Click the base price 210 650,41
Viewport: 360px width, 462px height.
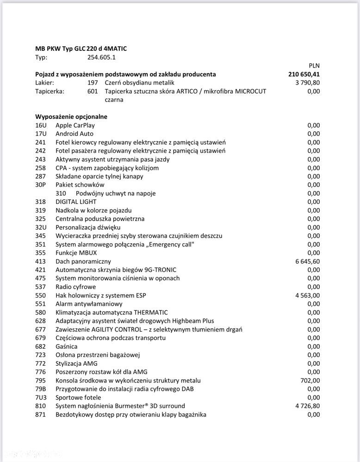[304, 74]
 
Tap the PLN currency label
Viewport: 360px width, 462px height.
[314, 66]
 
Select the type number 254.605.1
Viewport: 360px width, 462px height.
[102, 57]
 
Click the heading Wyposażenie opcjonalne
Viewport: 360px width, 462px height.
[71, 117]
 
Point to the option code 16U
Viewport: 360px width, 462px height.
[41, 125]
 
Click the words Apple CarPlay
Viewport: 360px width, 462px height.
[75, 125]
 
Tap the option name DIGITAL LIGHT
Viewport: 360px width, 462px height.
[76, 202]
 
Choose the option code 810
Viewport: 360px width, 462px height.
[41, 406]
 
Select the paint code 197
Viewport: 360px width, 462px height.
[93, 83]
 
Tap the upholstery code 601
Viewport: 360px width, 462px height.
[93, 91]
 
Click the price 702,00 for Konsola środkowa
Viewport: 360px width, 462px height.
[310, 381]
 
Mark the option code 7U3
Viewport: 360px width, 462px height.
[41, 397]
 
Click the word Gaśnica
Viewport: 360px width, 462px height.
[66, 346]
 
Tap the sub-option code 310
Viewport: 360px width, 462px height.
[61, 193]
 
